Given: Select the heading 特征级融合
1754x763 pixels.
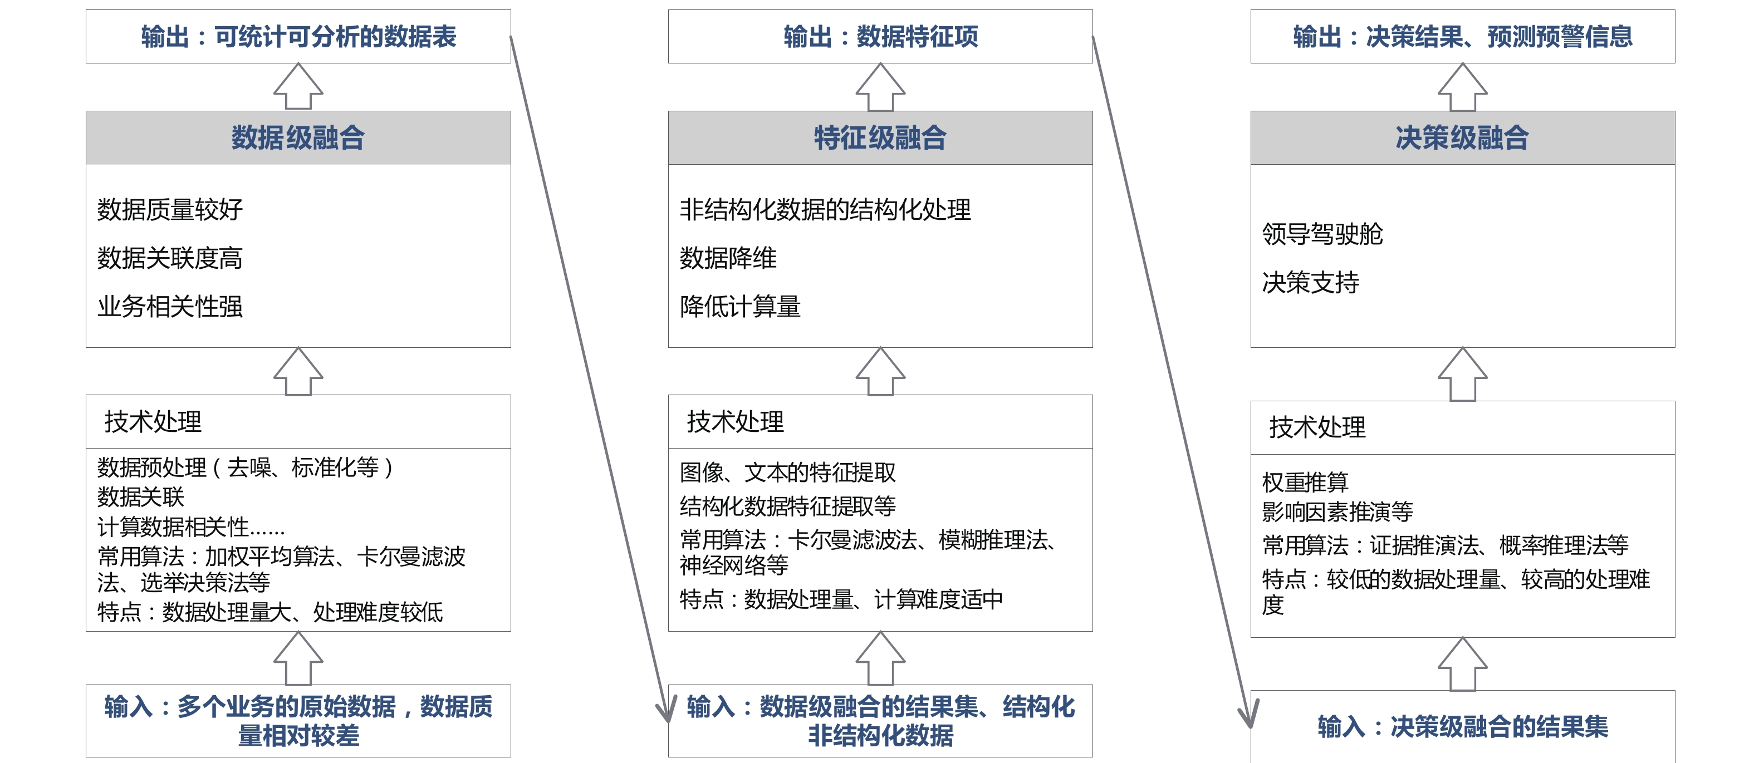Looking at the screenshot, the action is (x=880, y=137).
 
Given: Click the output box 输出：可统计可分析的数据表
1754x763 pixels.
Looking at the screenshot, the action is (x=298, y=37).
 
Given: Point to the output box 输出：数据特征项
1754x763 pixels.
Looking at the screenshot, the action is (x=880, y=37).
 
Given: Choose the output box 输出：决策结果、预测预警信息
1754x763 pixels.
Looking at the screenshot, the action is (x=1463, y=37).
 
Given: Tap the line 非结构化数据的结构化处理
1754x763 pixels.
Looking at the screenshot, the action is (x=825, y=210).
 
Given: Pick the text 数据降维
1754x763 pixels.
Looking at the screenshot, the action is (x=728, y=258).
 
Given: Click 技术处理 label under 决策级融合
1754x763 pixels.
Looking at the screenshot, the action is (x=1317, y=427).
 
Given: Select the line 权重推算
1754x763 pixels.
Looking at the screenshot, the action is (x=1305, y=482).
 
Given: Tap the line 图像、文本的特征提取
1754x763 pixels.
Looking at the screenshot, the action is (x=788, y=472).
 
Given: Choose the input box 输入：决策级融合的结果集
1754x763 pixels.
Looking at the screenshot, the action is (x=1463, y=726).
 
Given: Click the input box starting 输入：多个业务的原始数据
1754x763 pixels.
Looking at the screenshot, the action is (x=298, y=721).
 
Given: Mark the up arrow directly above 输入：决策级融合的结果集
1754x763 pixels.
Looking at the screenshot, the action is (x=1463, y=663).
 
